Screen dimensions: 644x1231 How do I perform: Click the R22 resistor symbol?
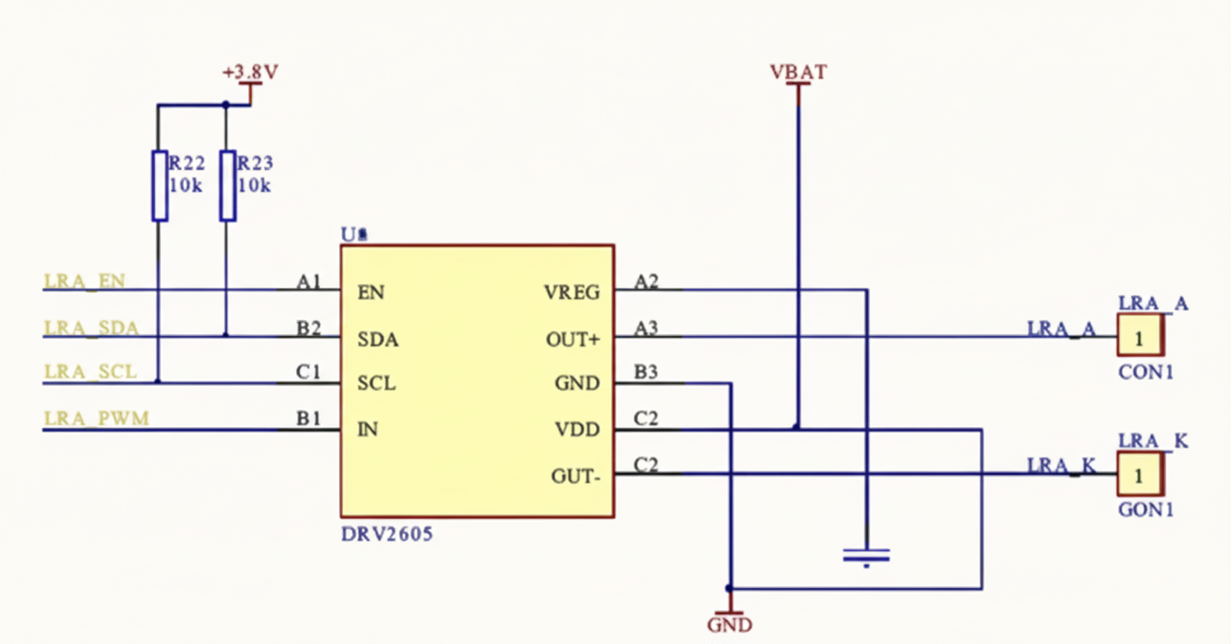(159, 185)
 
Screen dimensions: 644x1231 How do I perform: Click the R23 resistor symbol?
(227, 185)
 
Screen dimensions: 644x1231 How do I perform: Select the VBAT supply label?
(797, 73)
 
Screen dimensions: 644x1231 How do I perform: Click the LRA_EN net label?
(85, 281)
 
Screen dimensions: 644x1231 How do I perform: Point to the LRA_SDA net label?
(91, 327)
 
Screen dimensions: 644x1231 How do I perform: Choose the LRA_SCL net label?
(90, 373)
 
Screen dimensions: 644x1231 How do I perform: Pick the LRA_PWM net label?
(96, 418)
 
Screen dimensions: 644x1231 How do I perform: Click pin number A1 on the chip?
(309, 281)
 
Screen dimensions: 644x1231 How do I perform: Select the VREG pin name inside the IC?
(572, 292)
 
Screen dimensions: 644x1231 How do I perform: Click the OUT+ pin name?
(573, 339)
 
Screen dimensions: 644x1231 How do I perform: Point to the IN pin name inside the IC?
(368, 430)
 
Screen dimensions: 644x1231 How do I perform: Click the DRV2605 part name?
(386, 533)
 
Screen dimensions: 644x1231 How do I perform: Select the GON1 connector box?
(1140, 475)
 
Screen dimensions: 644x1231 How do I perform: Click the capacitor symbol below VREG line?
(866, 555)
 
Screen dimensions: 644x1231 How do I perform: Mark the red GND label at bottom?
(729, 625)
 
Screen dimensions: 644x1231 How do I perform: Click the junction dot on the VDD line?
(796, 428)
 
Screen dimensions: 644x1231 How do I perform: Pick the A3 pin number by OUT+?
(646, 327)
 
